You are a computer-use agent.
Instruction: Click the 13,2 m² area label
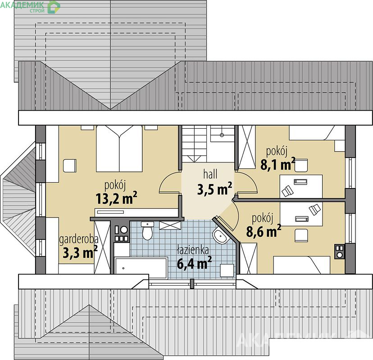point(116,198)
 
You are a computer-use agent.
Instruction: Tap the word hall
point(210,174)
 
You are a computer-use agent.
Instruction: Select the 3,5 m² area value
point(214,189)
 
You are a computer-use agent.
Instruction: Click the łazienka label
point(193,250)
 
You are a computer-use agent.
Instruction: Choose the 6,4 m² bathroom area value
point(194,263)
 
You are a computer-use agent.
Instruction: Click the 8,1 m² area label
point(278,164)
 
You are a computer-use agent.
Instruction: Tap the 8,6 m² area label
point(264,231)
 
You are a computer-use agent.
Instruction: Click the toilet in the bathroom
point(147,230)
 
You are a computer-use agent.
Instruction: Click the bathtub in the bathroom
point(141,268)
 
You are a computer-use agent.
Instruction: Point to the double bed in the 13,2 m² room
point(119,148)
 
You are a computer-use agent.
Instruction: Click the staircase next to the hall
point(194,144)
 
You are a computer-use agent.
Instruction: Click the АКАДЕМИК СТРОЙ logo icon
point(54,7)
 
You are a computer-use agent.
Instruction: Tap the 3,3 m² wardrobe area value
point(80,252)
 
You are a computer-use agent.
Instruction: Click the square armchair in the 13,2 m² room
point(70,166)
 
